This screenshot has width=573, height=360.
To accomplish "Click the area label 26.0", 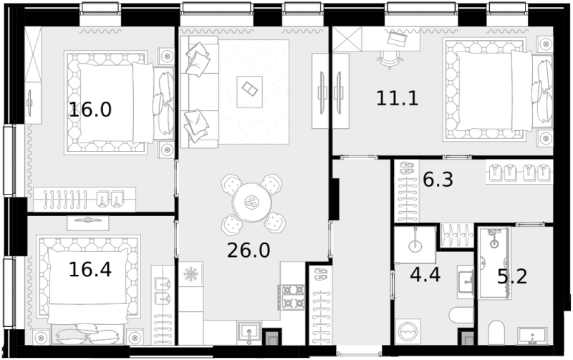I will pos(248,250).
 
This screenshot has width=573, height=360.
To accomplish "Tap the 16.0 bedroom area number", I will pos(90,110).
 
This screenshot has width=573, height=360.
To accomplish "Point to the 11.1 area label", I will pos(397,99).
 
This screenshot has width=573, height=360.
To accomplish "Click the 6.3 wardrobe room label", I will pos(438,180).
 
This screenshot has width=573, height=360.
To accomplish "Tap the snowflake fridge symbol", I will pos(191,273).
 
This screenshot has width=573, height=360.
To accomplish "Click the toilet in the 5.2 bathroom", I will pos(497,333).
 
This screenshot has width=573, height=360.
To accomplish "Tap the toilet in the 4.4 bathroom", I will pos(460,315).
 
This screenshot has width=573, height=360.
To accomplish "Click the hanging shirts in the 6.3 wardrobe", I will pos(519,172).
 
